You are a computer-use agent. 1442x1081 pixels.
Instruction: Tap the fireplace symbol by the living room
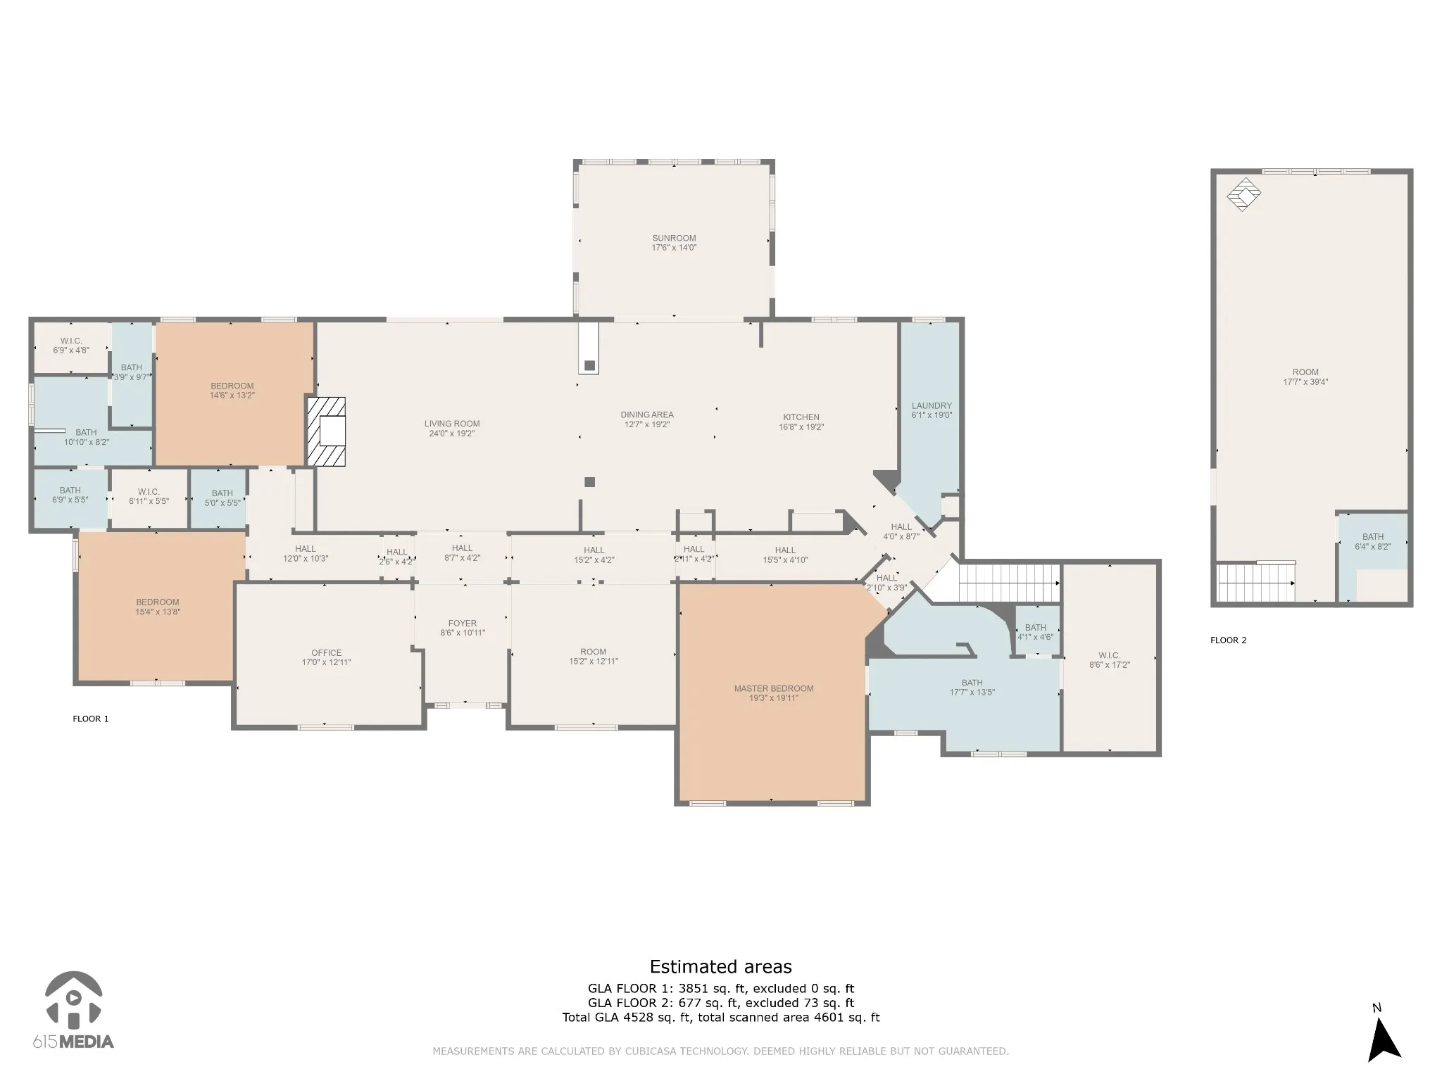[327, 431]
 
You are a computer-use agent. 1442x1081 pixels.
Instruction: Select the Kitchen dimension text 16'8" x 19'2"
[801, 426]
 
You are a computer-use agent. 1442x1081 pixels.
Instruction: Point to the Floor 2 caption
[1228, 640]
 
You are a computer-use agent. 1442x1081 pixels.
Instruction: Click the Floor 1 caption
[91, 719]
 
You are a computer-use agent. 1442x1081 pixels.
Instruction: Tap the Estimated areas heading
[720, 966]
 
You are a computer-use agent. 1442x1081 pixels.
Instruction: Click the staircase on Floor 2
[1257, 582]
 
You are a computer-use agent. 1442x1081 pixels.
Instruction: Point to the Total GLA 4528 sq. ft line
[720, 1017]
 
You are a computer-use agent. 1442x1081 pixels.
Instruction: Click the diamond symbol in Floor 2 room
[1243, 194]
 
